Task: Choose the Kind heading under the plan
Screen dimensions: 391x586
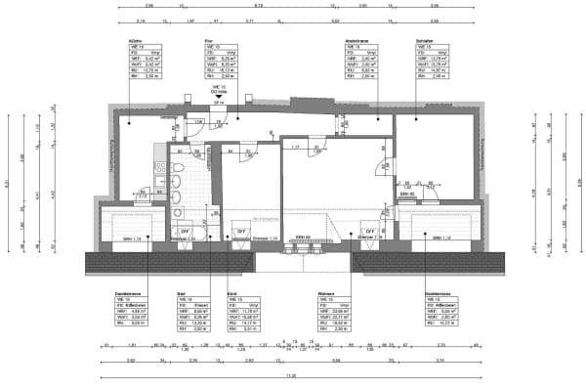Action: click(231, 291)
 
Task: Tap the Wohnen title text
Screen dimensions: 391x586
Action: click(326, 291)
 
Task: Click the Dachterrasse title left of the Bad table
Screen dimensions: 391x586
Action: click(130, 291)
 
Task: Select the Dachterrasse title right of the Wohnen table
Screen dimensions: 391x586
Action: click(437, 291)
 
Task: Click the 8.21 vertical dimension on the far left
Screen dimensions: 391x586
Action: click(7, 182)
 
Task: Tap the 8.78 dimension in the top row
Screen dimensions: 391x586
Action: click(244, 7)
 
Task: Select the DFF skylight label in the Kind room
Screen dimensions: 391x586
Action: click(240, 232)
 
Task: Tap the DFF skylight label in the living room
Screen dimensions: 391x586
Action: click(369, 232)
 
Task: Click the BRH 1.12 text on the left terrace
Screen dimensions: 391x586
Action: click(127, 239)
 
